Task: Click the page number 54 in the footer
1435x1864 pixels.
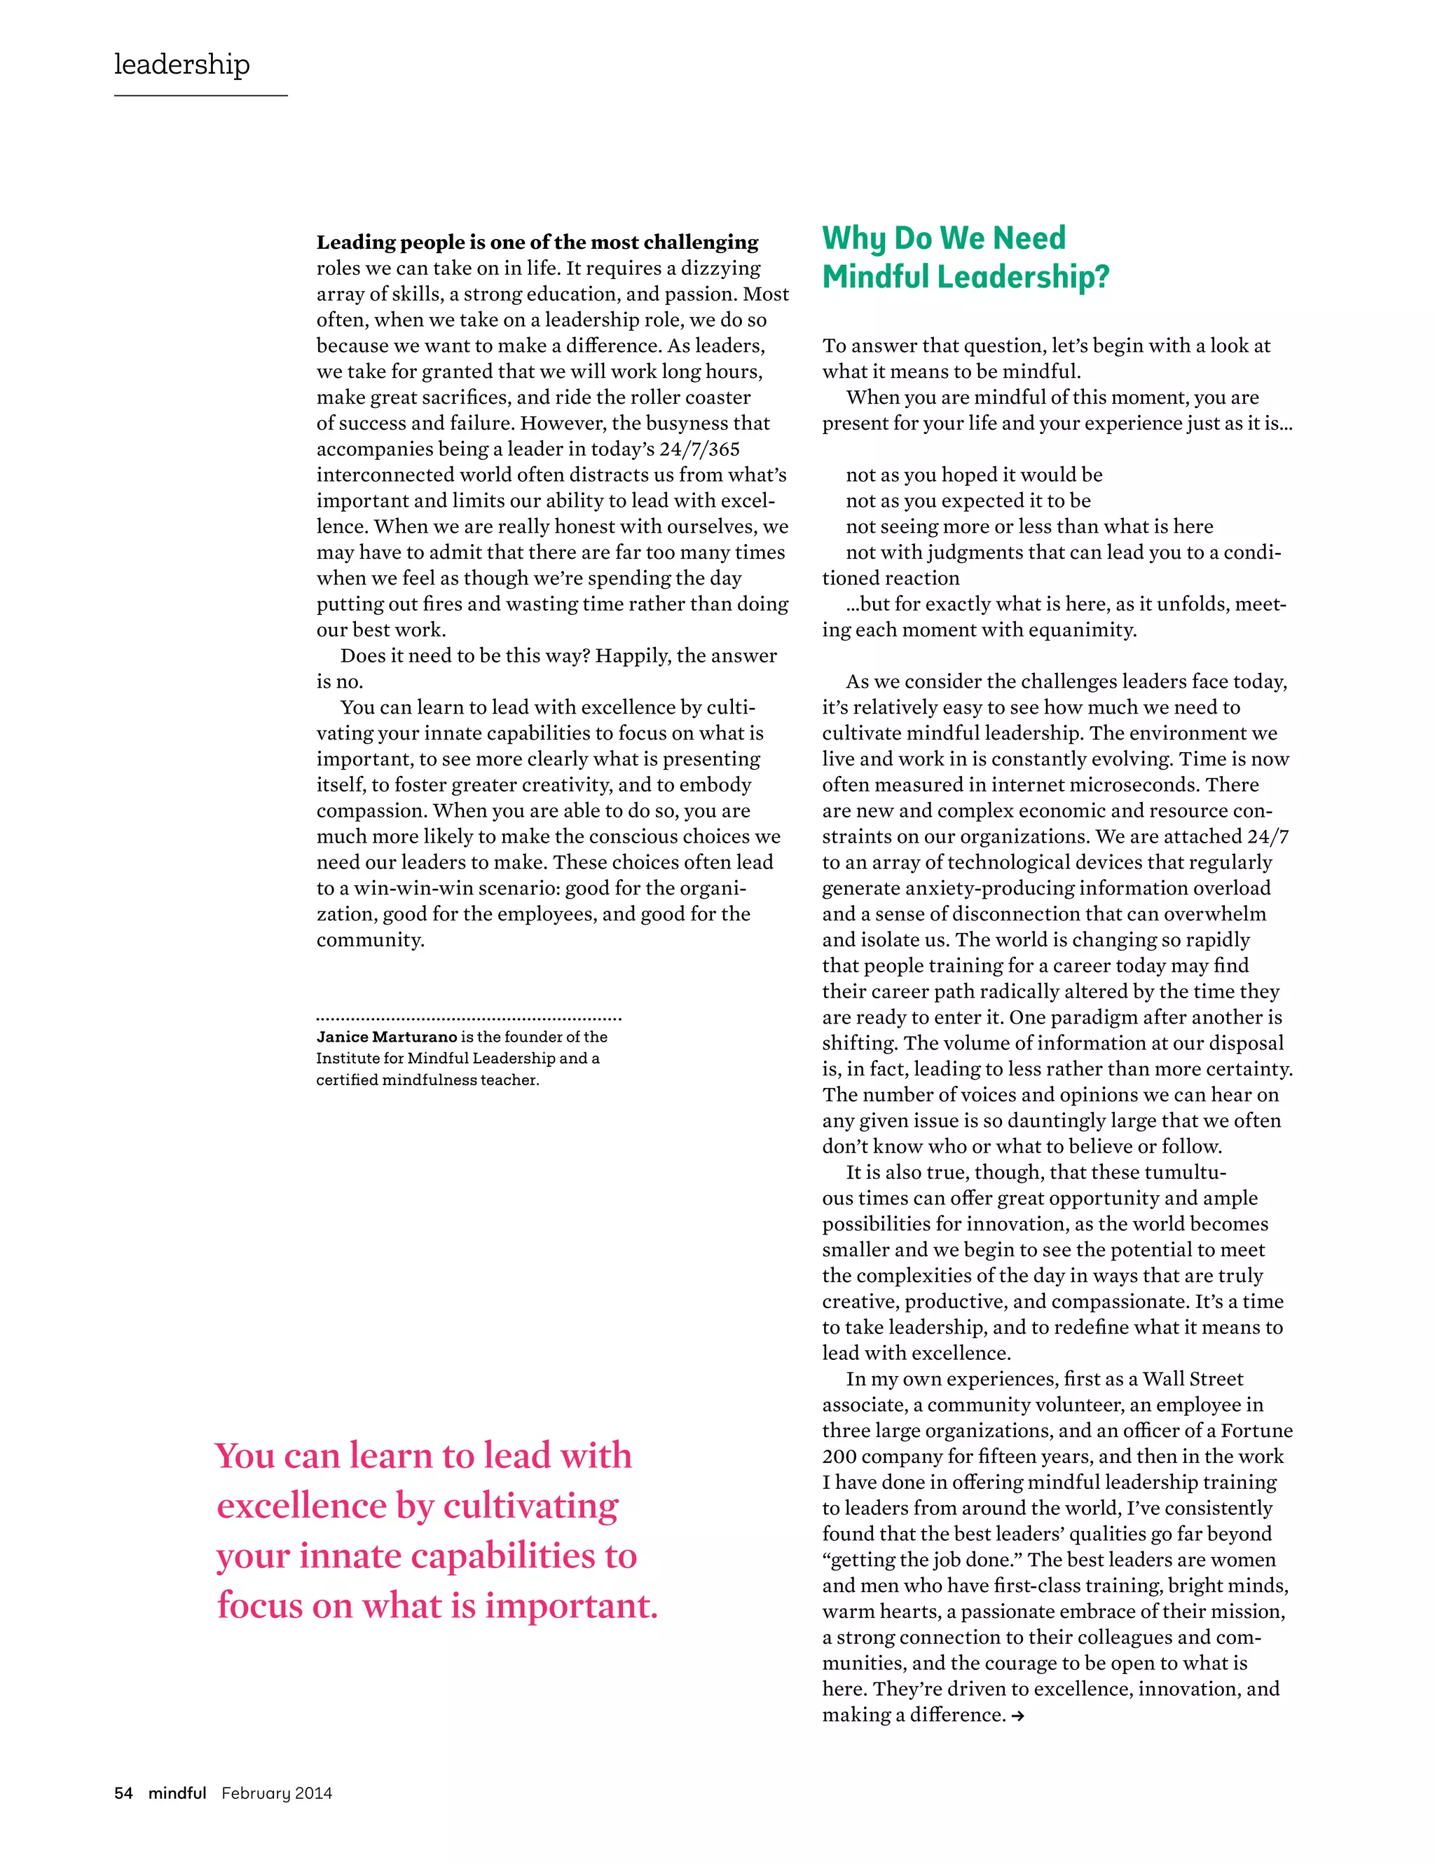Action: click(x=124, y=1792)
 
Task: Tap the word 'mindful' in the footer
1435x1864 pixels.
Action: click(x=177, y=1792)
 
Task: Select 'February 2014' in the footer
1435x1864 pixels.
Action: click(x=277, y=1792)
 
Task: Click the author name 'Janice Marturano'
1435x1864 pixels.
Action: click(x=387, y=1036)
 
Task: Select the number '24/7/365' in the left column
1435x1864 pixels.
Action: click(x=699, y=449)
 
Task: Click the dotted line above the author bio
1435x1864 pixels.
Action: click(x=468, y=1018)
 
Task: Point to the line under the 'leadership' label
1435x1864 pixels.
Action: click(x=200, y=95)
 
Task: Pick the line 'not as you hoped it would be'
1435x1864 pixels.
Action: click(x=973, y=475)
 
